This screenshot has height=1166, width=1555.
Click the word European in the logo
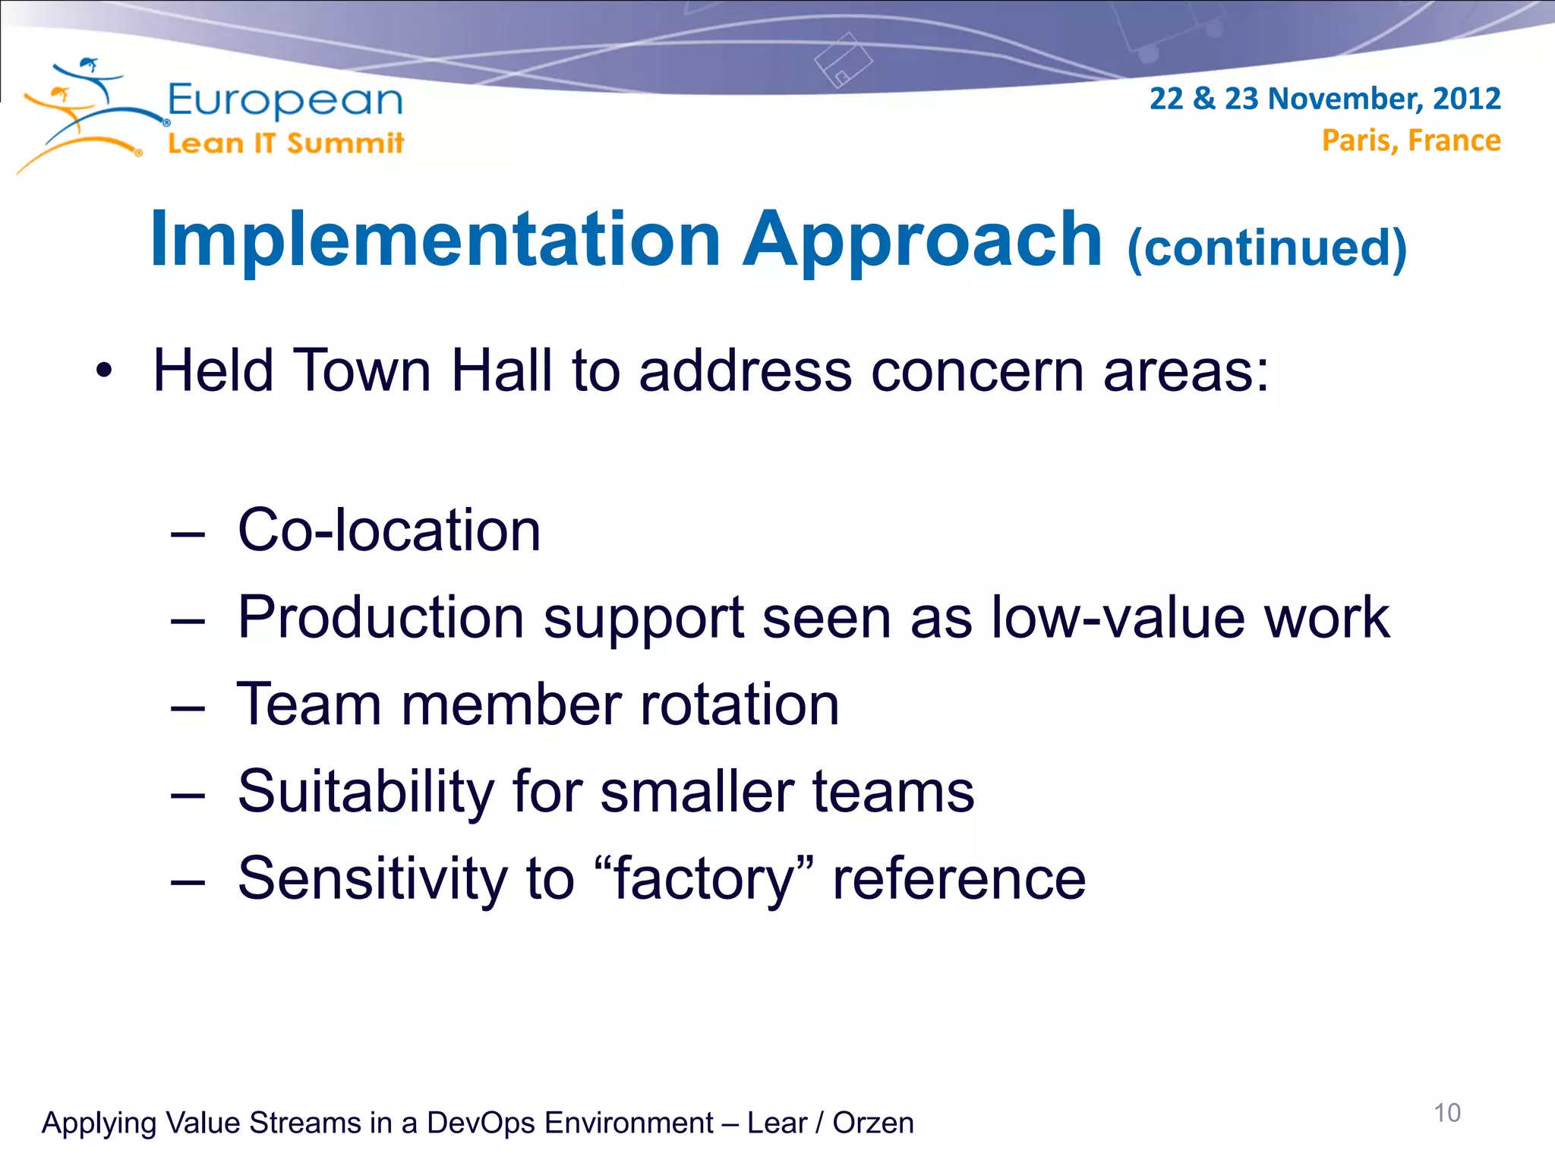point(285,101)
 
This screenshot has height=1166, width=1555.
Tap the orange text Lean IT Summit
point(285,143)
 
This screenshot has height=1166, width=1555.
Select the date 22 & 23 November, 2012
point(1324,99)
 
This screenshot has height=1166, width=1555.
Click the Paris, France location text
point(1411,140)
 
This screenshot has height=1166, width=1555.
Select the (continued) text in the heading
point(1266,248)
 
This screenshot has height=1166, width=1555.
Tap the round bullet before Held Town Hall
point(104,371)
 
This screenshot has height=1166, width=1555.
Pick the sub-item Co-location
point(389,530)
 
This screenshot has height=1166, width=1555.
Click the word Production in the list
point(380,617)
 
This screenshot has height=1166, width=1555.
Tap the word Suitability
point(366,792)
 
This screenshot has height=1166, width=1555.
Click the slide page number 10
point(1446,1113)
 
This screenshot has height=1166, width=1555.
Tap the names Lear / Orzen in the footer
point(831,1123)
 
